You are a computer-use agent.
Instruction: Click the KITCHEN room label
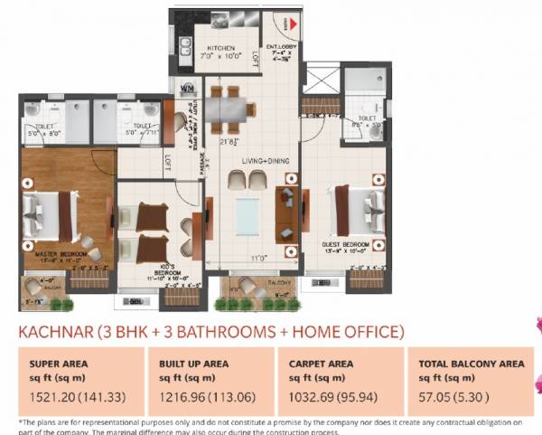pos(221,48)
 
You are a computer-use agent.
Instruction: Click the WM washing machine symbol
pos(188,88)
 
